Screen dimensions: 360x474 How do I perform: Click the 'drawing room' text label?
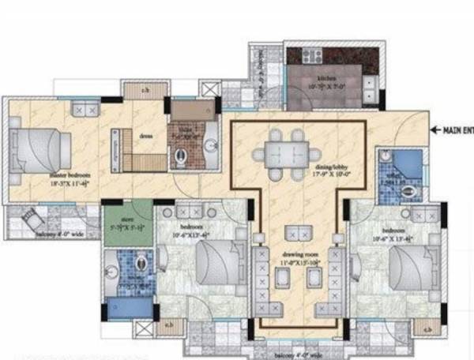click(296, 257)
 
